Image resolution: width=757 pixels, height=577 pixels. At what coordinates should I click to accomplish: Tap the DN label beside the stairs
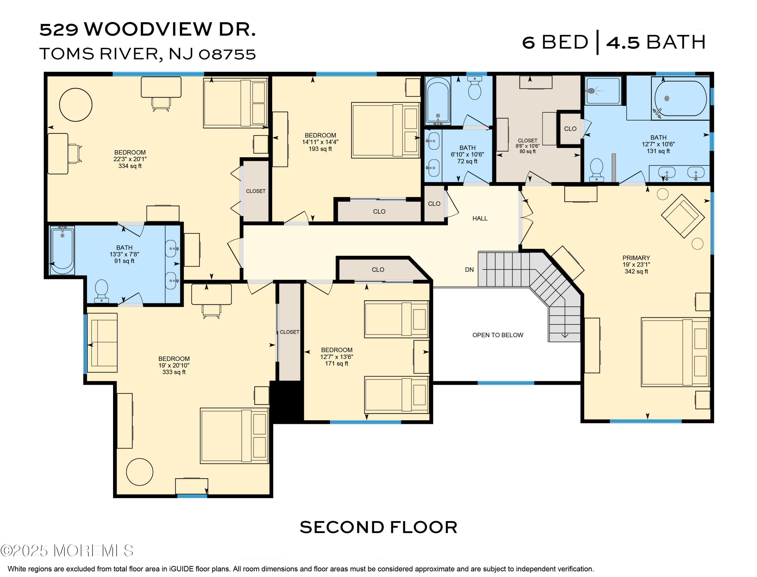[469, 270]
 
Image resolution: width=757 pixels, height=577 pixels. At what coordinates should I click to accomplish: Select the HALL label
[480, 218]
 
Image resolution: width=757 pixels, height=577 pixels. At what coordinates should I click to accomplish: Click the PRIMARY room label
[636, 258]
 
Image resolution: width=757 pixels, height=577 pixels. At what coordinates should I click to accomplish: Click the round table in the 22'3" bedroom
[75, 105]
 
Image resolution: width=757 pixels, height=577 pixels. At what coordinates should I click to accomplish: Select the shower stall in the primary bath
[603, 91]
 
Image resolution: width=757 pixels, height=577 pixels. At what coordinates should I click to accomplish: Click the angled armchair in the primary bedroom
[683, 216]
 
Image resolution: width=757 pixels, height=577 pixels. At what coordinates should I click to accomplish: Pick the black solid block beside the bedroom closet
[287, 402]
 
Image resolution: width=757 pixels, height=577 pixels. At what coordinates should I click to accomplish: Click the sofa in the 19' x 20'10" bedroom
[102, 343]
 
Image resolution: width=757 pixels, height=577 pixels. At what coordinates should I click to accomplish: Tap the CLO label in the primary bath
[570, 129]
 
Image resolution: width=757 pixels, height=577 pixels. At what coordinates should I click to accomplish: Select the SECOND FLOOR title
[378, 527]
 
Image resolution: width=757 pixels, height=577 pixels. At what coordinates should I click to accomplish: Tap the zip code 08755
[227, 54]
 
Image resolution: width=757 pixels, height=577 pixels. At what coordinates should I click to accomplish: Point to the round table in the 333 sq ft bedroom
[139, 472]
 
